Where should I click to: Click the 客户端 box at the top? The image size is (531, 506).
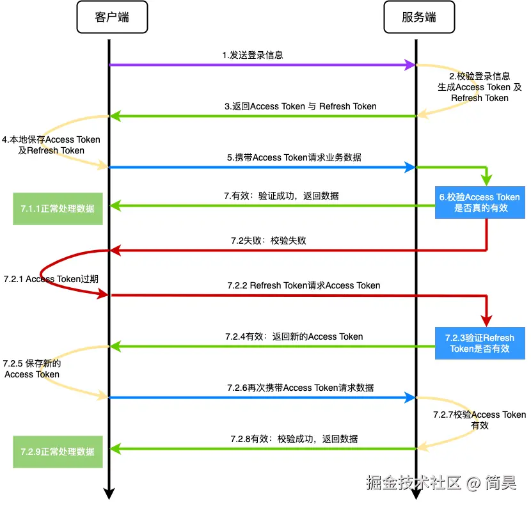point(112,17)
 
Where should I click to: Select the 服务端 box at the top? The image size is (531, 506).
point(419,17)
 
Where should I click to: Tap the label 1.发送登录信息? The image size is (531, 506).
point(253,55)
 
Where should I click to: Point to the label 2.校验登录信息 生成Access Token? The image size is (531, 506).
point(479,87)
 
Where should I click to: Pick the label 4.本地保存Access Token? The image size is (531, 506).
point(51,145)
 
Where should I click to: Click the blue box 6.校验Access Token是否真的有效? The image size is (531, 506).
point(480,203)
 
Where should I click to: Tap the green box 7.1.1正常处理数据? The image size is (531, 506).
point(58,209)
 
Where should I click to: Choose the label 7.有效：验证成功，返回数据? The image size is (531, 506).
point(281,196)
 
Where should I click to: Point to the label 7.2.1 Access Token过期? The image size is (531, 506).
point(51,280)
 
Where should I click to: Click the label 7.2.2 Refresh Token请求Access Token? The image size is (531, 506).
point(303,285)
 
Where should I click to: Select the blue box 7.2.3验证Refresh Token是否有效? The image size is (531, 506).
point(480,343)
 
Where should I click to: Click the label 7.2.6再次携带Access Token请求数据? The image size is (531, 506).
point(300,388)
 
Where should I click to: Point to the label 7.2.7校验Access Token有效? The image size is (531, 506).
point(479,420)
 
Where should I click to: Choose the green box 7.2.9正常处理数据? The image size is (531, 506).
point(58,451)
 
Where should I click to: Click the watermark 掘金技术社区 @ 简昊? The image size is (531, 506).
point(441,483)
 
